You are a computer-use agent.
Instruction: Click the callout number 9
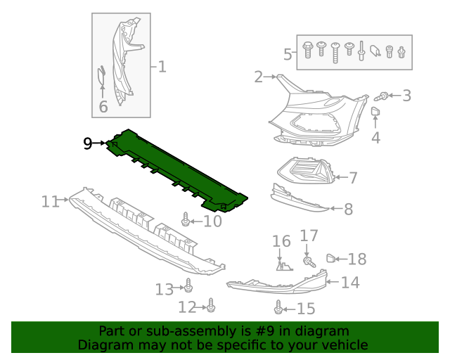[x=87, y=143]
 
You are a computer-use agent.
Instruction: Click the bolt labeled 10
[x=186, y=220]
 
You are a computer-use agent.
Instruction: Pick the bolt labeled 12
[x=212, y=306]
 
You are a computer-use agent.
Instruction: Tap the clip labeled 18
[x=331, y=259]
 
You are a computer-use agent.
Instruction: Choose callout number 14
[x=350, y=283]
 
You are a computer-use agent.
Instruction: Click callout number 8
[x=347, y=208]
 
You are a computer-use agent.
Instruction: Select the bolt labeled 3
[x=385, y=94]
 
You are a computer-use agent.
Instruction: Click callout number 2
[x=258, y=76]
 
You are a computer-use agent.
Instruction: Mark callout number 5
[x=288, y=53]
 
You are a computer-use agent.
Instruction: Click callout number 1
[x=162, y=67]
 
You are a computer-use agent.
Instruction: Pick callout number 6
[x=103, y=107]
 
